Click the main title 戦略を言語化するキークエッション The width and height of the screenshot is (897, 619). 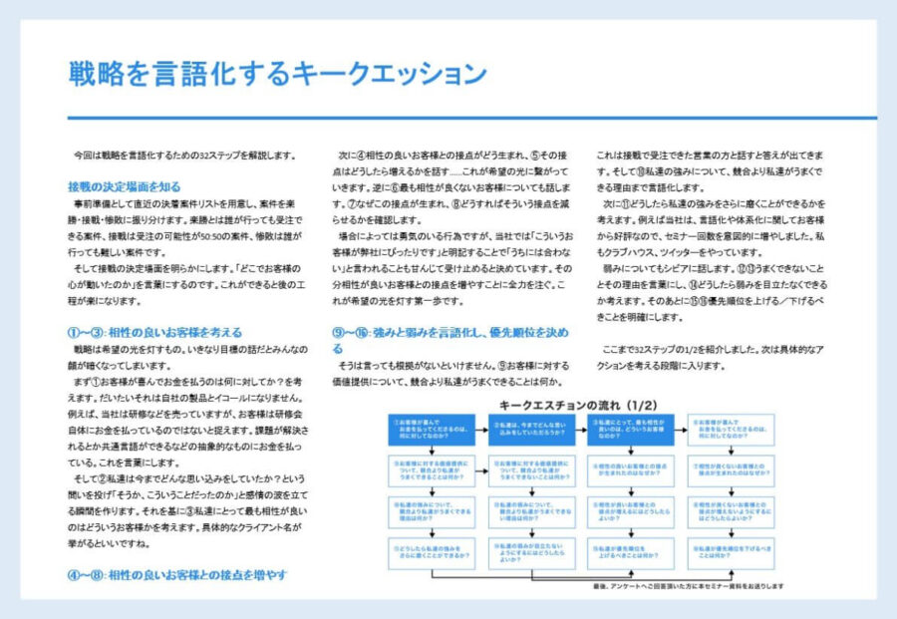coord(277,74)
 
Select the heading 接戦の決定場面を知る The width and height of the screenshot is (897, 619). coord(125,186)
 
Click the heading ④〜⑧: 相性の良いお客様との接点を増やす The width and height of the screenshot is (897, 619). coord(177,575)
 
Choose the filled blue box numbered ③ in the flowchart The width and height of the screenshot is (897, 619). coord(630,430)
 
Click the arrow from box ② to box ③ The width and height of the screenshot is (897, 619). coord(581,430)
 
